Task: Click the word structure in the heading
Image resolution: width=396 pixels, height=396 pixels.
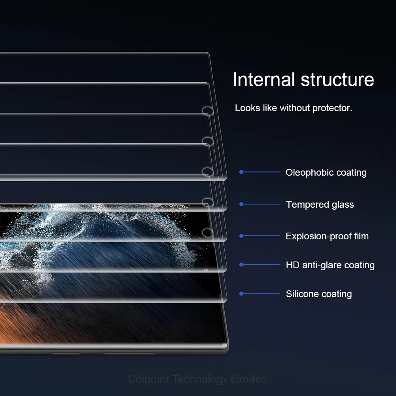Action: [x=337, y=80]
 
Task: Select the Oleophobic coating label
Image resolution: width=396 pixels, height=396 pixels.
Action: [x=326, y=172]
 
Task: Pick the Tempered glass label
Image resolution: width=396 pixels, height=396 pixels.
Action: [x=320, y=205]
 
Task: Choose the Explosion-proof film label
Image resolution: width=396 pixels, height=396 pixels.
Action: [x=327, y=236]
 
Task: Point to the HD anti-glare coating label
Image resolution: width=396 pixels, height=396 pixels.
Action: [x=330, y=265]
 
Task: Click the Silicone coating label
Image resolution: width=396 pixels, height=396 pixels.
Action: [x=319, y=294]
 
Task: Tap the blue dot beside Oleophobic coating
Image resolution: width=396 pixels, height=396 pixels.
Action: [x=241, y=172]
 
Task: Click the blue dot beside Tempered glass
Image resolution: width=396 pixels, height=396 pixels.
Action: [x=241, y=204]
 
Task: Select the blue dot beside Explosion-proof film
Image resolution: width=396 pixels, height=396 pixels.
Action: [x=241, y=236]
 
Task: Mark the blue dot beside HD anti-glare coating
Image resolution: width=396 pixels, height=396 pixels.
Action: [x=241, y=265]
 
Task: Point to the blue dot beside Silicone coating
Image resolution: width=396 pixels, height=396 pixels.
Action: [x=241, y=294]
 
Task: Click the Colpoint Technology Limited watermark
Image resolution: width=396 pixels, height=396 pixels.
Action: [x=198, y=379]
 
